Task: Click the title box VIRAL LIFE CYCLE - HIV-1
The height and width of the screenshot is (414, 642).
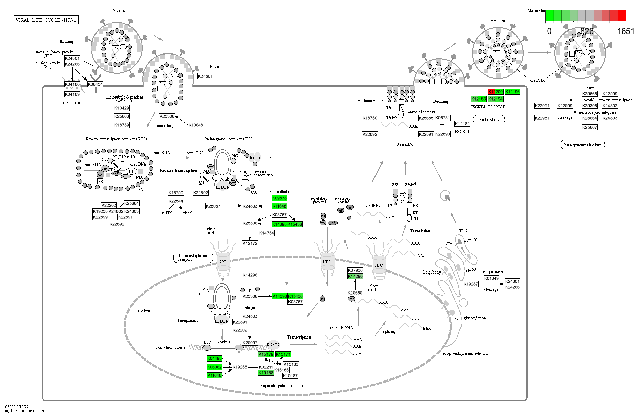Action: (46, 20)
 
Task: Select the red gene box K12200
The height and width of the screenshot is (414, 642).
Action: (495, 92)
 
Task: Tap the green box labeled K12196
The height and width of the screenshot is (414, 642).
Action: (512, 92)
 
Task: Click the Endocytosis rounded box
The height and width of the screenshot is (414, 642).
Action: (489, 120)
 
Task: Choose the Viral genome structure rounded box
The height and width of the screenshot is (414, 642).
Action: (582, 144)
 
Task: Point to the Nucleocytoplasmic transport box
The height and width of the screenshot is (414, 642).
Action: (193, 257)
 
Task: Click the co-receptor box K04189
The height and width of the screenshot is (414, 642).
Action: (72, 94)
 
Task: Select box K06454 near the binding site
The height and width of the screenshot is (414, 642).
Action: (95, 84)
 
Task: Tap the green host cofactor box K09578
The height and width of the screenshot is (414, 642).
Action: (279, 198)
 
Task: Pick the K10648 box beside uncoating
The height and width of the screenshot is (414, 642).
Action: (196, 125)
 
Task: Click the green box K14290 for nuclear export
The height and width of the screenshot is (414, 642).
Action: (355, 276)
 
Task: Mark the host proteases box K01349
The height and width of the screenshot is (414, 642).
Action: (491, 278)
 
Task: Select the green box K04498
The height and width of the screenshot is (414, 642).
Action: (214, 358)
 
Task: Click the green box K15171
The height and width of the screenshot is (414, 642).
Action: (283, 354)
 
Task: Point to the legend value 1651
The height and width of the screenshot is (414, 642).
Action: (625, 31)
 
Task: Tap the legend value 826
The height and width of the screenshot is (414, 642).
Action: (587, 31)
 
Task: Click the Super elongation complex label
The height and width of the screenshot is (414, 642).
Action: (282, 386)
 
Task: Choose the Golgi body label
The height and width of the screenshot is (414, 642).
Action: (431, 272)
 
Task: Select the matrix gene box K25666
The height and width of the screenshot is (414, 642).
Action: (590, 94)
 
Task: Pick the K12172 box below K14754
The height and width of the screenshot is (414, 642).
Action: (250, 243)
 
